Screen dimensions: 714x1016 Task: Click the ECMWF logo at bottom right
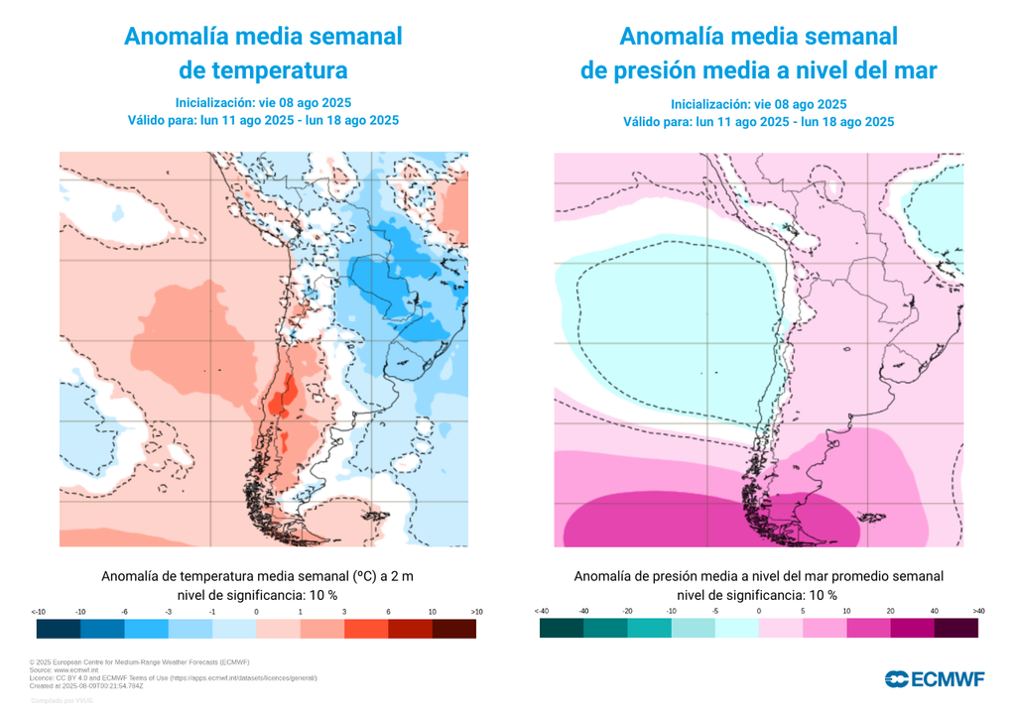click(x=935, y=678)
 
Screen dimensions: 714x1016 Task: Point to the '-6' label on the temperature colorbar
click(x=124, y=612)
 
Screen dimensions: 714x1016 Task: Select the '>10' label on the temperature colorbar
click(x=476, y=612)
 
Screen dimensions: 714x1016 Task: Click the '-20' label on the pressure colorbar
click(x=627, y=612)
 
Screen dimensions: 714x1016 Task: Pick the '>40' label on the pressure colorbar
click(x=978, y=612)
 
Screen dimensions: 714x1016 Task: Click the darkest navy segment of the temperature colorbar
click(x=59, y=629)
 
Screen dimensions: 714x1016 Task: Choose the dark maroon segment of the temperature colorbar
click(x=453, y=629)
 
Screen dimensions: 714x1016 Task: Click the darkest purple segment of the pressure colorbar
click(x=955, y=629)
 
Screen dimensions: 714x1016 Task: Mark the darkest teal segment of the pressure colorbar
click(x=562, y=629)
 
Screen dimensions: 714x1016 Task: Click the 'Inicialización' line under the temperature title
click(x=263, y=103)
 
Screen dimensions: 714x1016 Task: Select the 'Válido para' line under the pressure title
click(x=758, y=122)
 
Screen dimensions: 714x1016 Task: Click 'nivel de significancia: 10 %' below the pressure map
click(x=758, y=595)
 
